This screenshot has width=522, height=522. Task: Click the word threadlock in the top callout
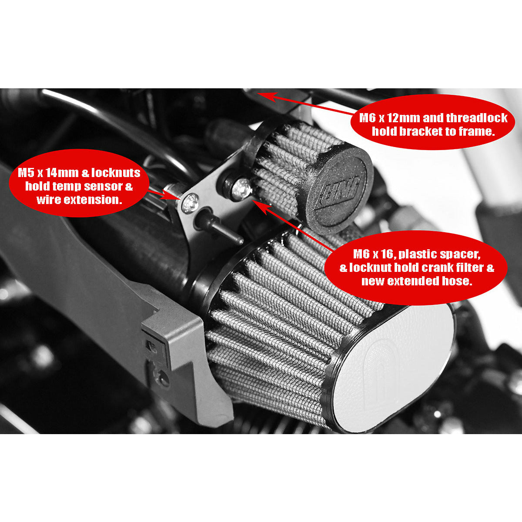[x=477, y=118]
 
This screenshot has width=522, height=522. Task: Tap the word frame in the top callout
[x=476, y=131]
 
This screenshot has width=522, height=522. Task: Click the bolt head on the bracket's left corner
[x=191, y=203]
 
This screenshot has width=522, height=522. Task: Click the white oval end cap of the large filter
[x=392, y=368]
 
